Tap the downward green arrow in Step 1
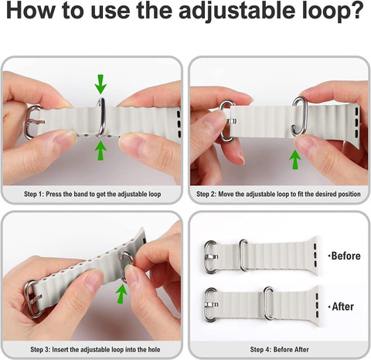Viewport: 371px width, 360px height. (100, 84)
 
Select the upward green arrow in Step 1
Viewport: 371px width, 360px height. (100, 151)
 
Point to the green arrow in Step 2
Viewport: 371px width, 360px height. (295, 160)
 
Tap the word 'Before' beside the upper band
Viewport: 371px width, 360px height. (345, 256)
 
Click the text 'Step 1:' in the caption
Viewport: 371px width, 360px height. (34, 194)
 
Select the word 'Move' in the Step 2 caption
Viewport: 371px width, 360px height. (226, 194)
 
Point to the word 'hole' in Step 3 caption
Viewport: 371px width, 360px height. (154, 349)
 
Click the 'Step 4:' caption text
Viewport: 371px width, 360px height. (260, 349)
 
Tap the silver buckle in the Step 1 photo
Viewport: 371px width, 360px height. (32, 122)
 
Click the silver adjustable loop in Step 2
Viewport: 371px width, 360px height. (299, 116)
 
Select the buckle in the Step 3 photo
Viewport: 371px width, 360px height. (32, 299)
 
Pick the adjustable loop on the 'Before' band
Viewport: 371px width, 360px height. (243, 255)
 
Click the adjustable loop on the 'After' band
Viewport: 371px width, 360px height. (268, 303)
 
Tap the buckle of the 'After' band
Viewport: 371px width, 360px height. (209, 305)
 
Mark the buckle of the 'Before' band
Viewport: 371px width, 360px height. (209, 257)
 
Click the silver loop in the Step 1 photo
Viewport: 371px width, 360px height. (103, 117)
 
